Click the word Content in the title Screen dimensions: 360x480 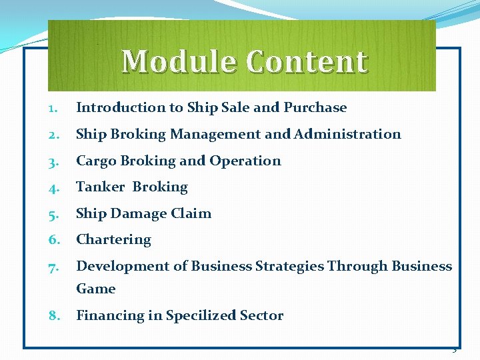pos(306,62)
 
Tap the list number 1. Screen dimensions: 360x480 pos(53,108)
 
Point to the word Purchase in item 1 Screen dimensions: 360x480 pos(315,107)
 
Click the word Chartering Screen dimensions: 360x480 pos(113,239)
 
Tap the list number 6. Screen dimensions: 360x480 pos(53,240)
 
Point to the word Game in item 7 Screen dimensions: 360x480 pos(96,289)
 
